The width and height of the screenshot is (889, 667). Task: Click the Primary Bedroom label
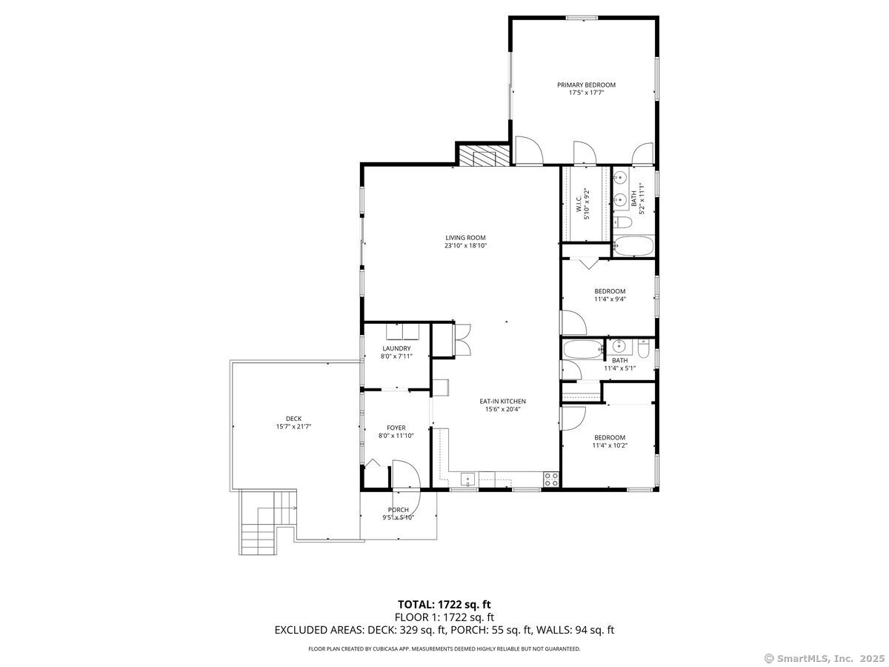tap(586, 85)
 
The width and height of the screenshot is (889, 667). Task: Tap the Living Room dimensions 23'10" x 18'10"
tap(465, 246)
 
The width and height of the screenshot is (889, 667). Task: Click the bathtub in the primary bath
tap(633, 247)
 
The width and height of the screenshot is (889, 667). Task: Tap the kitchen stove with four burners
tap(551, 479)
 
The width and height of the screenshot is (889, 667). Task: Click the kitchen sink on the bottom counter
tap(467, 480)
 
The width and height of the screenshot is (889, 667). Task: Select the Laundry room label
tap(396, 348)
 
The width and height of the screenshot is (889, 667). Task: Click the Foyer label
tap(396, 428)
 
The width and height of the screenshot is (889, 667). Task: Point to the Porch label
tap(398, 510)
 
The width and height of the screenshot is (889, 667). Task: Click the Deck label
tap(293, 419)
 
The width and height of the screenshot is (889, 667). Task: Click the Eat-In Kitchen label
tap(505, 401)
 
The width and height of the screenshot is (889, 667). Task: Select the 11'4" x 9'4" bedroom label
tap(610, 291)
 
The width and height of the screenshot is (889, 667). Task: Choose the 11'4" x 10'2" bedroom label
tap(610, 437)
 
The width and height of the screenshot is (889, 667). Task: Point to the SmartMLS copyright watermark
tap(823, 658)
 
